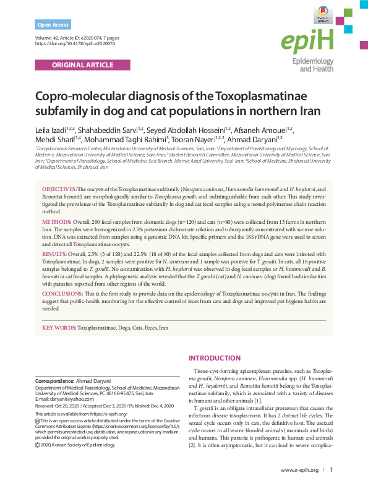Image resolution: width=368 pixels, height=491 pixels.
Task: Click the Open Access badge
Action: coord(53,25)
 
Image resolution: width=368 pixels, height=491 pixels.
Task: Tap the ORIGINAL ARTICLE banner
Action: coord(82,64)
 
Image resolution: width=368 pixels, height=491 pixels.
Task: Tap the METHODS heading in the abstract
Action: coord(56,221)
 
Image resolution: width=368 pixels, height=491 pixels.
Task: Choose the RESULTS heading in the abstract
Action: coord(54,254)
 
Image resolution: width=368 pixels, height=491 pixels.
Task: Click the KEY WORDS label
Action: coord(59,327)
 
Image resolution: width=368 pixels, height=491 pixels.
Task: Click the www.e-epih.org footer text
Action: coord(299,470)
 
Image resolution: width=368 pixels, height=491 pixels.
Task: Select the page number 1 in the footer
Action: coord(331,470)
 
